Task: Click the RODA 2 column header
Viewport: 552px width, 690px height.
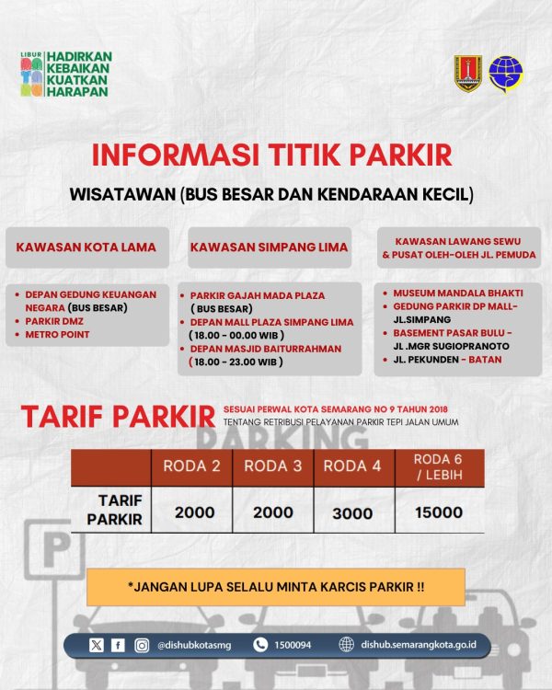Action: pyautogui.click(x=191, y=466)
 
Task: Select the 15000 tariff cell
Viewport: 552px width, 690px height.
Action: pyautogui.click(x=438, y=512)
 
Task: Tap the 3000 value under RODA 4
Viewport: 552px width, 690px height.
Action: pyautogui.click(x=353, y=512)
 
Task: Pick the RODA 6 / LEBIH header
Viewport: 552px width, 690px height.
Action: pyautogui.click(x=438, y=466)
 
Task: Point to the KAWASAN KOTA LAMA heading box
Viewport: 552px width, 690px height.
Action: pyautogui.click(x=86, y=247)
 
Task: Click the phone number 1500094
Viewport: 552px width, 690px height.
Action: pyautogui.click(x=293, y=646)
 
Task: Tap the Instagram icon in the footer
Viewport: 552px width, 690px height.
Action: pyautogui.click(x=142, y=646)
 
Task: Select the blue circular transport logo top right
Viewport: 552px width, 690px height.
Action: pyautogui.click(x=504, y=74)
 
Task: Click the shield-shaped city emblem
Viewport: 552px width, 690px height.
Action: pyautogui.click(x=467, y=74)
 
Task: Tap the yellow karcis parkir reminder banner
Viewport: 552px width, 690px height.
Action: pyautogui.click(x=275, y=587)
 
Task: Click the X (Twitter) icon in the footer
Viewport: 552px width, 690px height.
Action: pyautogui.click(x=98, y=646)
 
